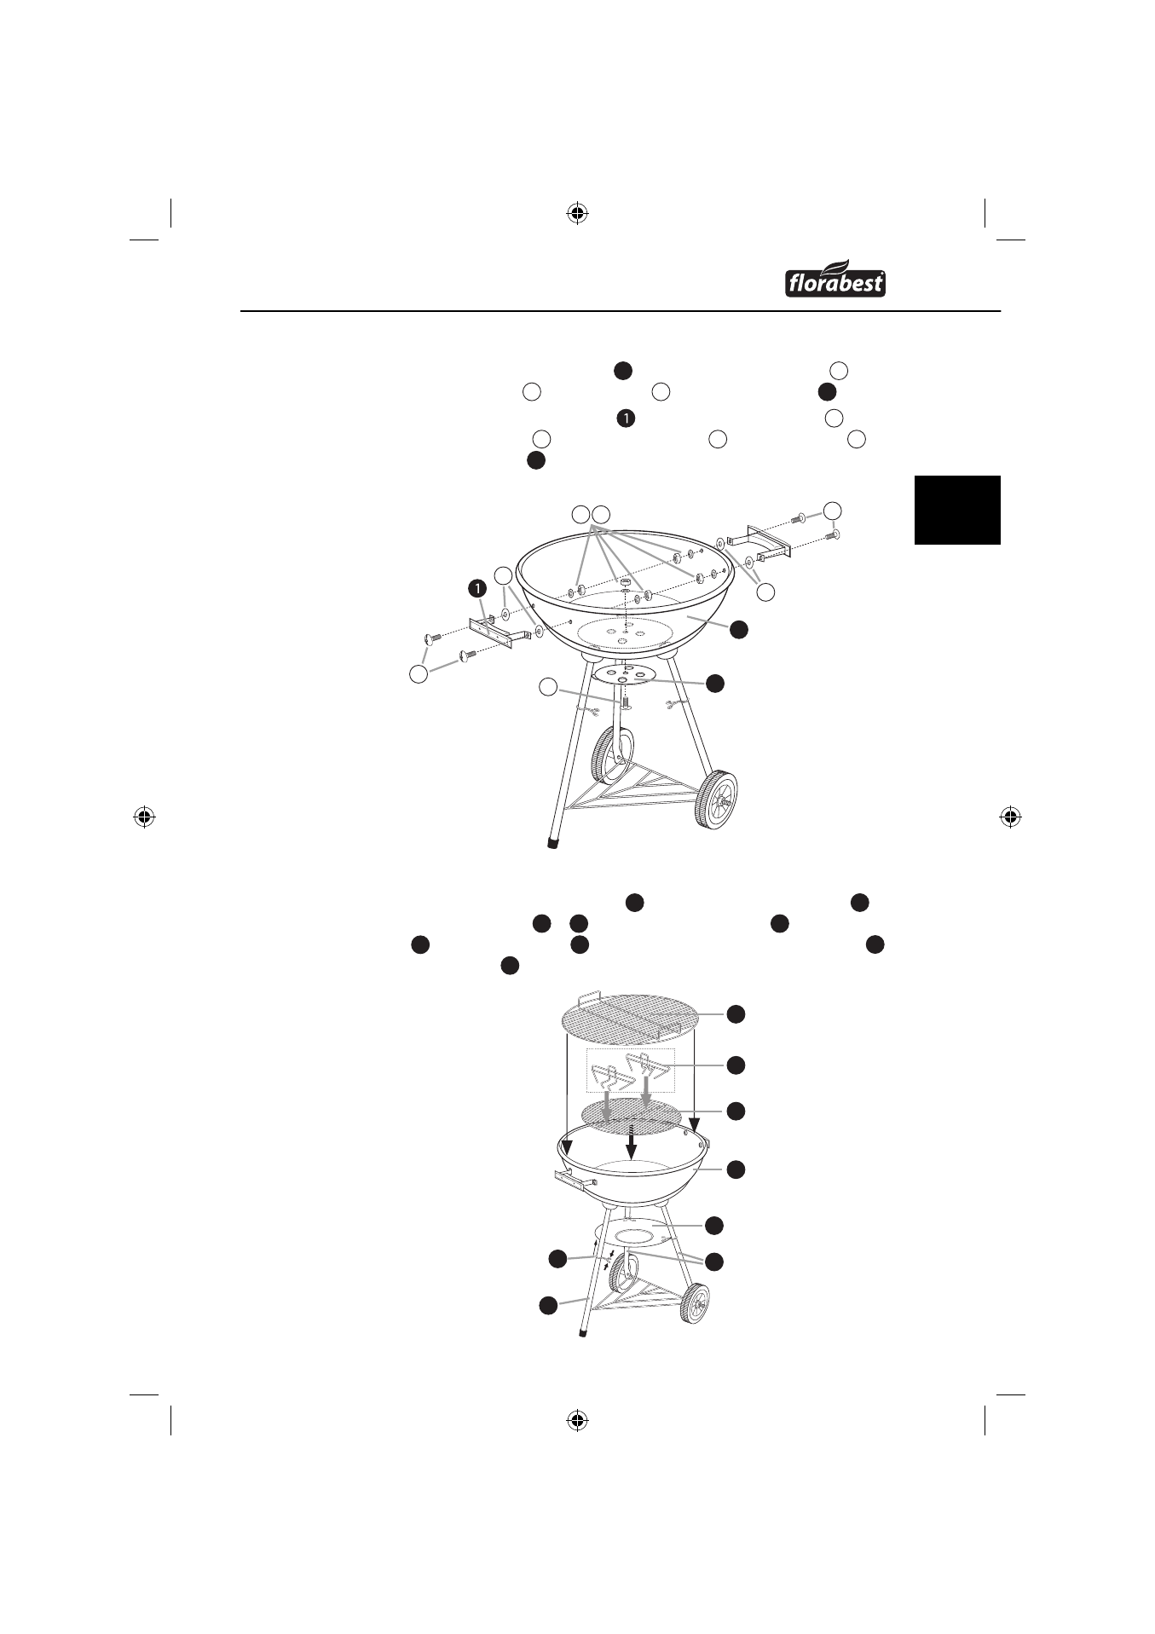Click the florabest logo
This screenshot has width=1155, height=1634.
[x=834, y=278]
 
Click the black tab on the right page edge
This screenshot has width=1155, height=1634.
[x=957, y=510]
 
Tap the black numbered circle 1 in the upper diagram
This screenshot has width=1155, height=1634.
[x=477, y=587]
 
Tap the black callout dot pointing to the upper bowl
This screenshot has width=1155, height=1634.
[x=738, y=629]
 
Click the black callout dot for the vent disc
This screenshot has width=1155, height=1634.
[x=714, y=683]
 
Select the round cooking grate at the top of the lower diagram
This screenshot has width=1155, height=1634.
[x=630, y=1018]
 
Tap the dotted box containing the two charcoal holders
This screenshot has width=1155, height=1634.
[x=630, y=1071]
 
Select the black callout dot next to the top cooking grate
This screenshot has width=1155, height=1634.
[x=736, y=1013]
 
